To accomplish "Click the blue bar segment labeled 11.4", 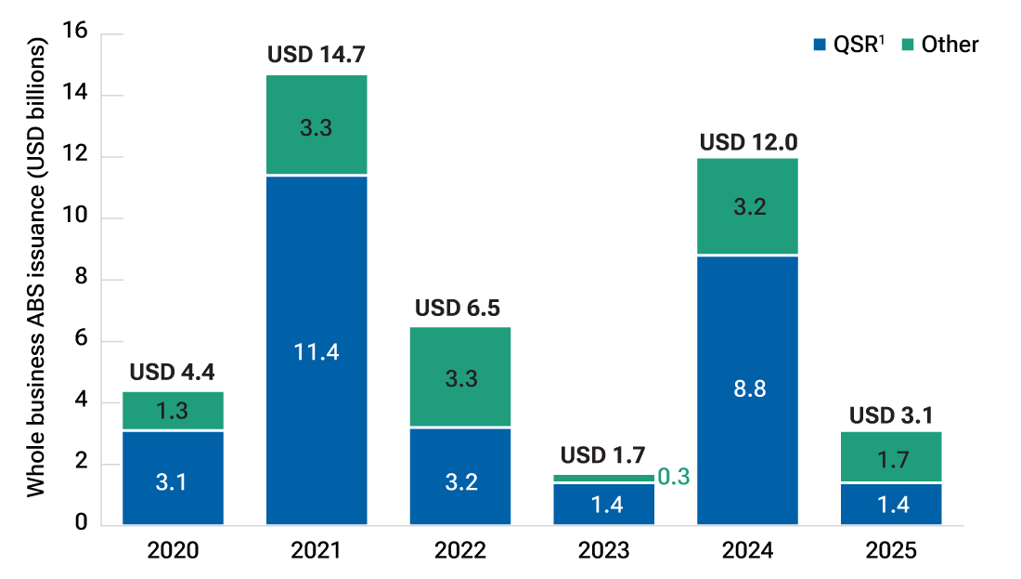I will coord(317,350).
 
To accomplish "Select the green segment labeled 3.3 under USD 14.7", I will coord(317,125).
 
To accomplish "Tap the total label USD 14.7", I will coord(317,56).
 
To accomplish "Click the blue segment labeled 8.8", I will coord(747,389).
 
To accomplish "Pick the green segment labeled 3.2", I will coord(747,206).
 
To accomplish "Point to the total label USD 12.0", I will coord(748,143).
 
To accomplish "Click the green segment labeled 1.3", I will coord(173,411).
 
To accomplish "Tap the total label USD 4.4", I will coord(172,373).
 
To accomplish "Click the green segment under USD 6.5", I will coord(460,377).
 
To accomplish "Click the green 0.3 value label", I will coord(674,478).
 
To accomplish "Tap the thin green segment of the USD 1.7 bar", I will coord(603,478).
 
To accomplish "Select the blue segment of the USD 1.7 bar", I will coord(603,504).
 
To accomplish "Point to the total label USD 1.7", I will coord(603,456).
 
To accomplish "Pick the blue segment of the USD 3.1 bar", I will coord(891,505).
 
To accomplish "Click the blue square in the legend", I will coord(819,45).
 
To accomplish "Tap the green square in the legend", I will coord(907,45).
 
